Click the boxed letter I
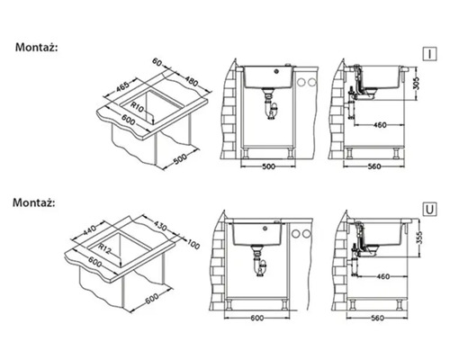click(x=429, y=54)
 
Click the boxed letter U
click(x=429, y=210)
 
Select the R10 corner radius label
click(x=138, y=107)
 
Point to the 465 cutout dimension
click(x=122, y=87)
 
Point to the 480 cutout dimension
click(x=191, y=81)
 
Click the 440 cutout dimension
click(x=89, y=230)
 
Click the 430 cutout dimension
click(x=160, y=226)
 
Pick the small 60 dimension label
click(x=157, y=62)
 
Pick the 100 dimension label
click(x=193, y=244)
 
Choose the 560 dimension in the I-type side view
click(x=373, y=166)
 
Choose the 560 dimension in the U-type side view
click(x=377, y=318)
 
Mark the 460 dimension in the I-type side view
click(x=380, y=125)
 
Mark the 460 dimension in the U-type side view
click(x=382, y=276)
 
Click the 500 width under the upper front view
click(x=268, y=166)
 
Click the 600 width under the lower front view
click(x=257, y=318)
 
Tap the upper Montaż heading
click(x=36, y=48)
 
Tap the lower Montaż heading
click(x=34, y=202)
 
